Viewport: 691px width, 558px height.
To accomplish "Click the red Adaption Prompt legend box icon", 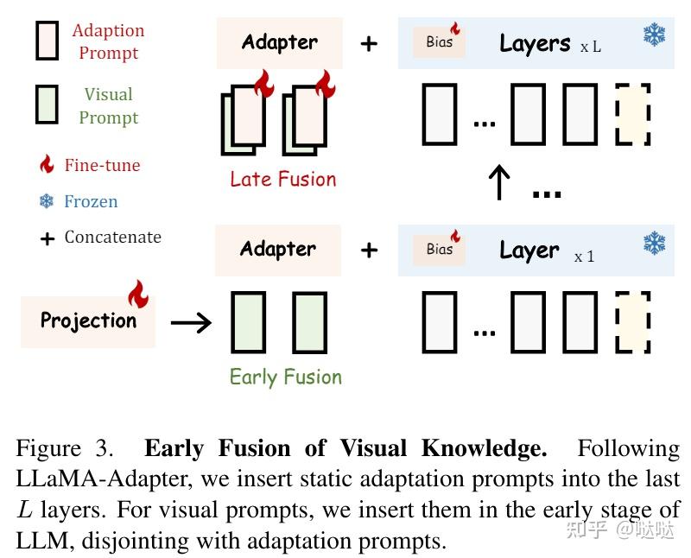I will point(47,41).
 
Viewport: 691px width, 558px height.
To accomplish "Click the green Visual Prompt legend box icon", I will point(47,104).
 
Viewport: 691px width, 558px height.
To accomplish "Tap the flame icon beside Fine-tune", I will point(48,165).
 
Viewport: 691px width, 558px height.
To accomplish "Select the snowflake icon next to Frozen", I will point(47,201).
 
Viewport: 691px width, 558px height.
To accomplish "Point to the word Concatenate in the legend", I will point(112,237).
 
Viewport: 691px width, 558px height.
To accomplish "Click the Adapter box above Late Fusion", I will point(279,42).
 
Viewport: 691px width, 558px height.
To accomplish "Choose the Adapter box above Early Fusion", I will point(278,250).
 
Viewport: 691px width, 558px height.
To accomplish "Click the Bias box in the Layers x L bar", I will point(440,41).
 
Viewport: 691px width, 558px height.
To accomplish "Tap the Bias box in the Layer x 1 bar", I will point(440,249).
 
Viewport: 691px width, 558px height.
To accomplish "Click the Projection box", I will point(88,320).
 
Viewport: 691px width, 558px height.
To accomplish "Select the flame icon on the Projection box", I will point(138,294).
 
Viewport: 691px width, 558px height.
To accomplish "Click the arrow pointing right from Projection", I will point(191,323).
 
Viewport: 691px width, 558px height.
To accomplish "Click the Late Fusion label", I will point(282,180).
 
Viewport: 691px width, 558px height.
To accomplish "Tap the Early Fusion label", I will point(285,377).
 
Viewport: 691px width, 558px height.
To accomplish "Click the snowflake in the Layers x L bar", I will point(654,35).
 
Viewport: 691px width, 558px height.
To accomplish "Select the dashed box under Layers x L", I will point(632,113).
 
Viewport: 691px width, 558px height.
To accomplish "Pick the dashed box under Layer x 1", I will point(632,321).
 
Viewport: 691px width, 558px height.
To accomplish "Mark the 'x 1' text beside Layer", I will point(584,257).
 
